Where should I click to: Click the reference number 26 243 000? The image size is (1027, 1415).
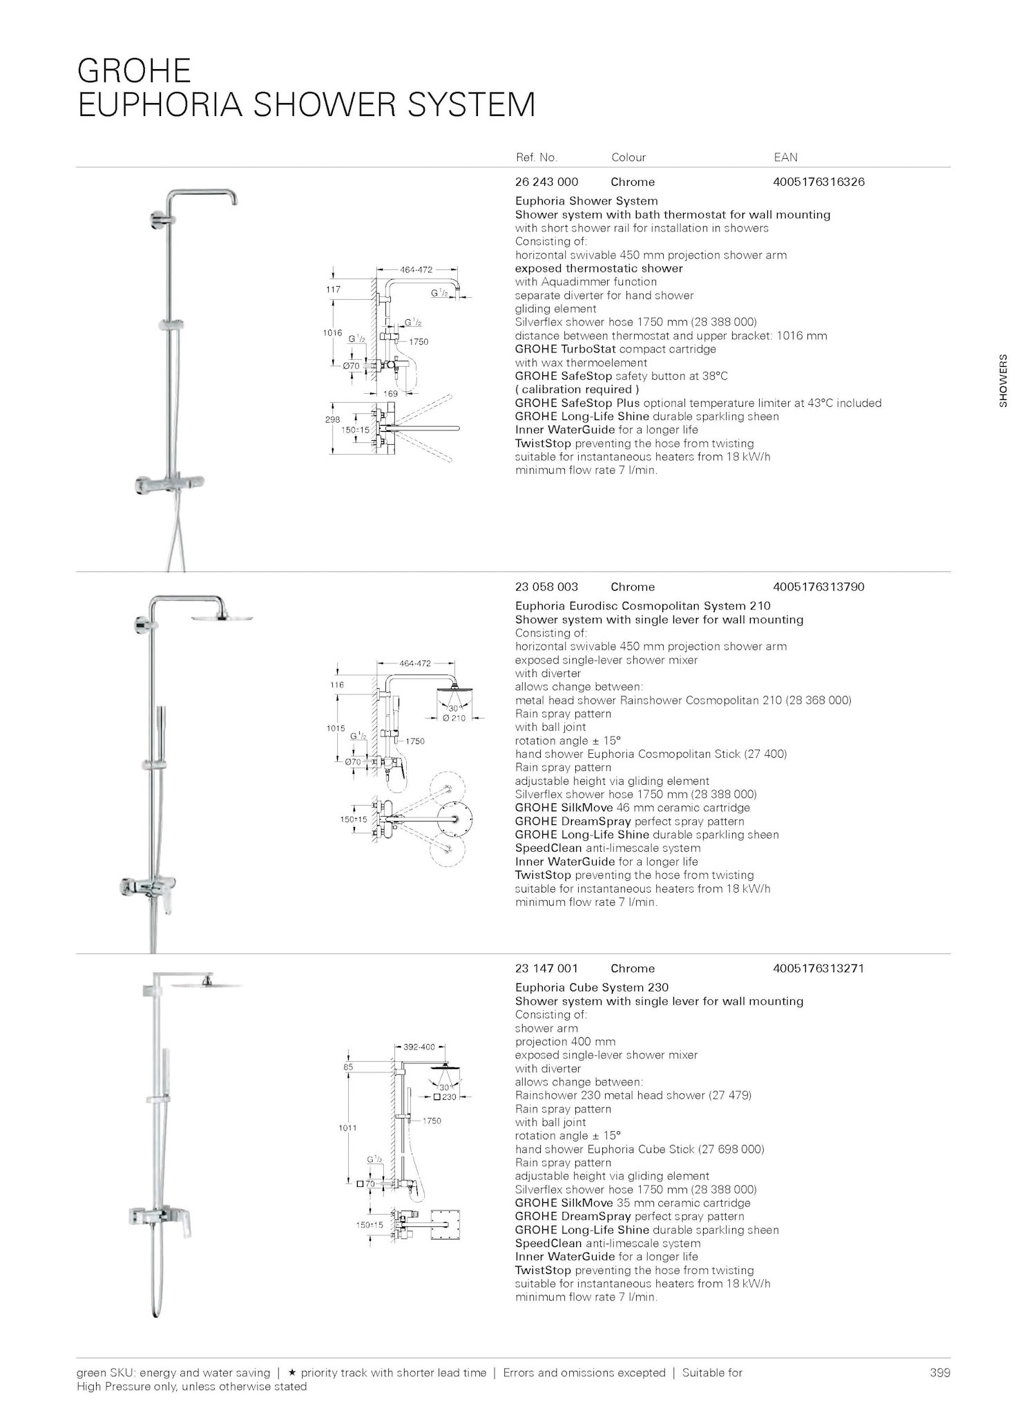point(546,182)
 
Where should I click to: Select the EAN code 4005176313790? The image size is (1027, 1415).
point(818,587)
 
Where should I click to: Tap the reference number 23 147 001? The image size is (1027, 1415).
point(546,969)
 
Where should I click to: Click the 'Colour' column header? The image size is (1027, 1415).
point(628,158)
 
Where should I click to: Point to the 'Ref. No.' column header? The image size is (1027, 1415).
point(536,158)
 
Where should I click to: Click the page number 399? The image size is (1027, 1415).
point(940,1373)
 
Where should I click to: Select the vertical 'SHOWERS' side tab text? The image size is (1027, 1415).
point(1003,381)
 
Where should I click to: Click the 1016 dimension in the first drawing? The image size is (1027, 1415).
point(333,333)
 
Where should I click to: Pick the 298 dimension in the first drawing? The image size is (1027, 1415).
point(333,419)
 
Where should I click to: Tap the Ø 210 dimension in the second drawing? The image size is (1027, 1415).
point(454,719)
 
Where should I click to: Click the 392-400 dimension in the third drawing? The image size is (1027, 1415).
point(419,1047)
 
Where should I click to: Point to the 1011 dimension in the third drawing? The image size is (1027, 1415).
point(347,1128)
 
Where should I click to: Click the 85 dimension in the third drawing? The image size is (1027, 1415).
point(349,1067)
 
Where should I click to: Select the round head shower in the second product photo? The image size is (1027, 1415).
point(229,616)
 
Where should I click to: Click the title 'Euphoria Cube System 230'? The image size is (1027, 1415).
point(591,988)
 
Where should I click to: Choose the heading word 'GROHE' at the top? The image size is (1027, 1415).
point(134,71)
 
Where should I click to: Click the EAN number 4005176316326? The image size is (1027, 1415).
point(818,182)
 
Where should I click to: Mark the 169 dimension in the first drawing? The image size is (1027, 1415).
point(391,393)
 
